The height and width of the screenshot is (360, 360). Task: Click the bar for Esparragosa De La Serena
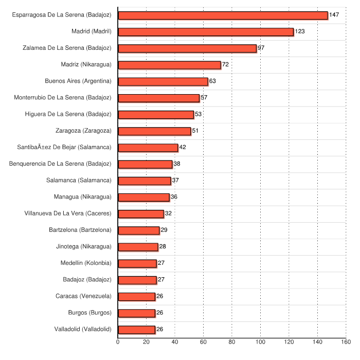click(x=223, y=15)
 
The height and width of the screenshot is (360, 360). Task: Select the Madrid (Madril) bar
click(x=206, y=32)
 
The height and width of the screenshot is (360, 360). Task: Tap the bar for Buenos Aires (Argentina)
click(x=163, y=81)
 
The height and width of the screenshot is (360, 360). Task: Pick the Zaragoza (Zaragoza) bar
click(x=154, y=131)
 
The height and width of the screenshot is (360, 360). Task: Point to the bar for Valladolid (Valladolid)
click(x=137, y=330)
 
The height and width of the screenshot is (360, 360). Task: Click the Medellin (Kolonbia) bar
click(x=137, y=263)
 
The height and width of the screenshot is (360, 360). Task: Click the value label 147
click(x=334, y=15)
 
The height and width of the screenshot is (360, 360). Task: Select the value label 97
click(x=261, y=48)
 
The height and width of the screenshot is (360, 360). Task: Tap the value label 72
click(x=225, y=65)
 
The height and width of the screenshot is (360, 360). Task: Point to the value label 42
click(x=183, y=148)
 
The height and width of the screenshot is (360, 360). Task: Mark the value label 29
click(x=164, y=230)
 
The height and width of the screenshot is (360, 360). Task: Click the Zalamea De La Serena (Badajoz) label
click(x=67, y=48)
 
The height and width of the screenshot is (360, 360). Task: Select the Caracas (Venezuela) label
click(x=83, y=296)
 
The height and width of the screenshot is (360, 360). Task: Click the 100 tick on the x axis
click(x=261, y=341)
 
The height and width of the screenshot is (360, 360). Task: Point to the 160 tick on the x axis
click(x=346, y=341)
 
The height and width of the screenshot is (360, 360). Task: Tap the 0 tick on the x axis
click(x=118, y=341)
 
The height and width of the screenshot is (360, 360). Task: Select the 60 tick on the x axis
click(x=204, y=341)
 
